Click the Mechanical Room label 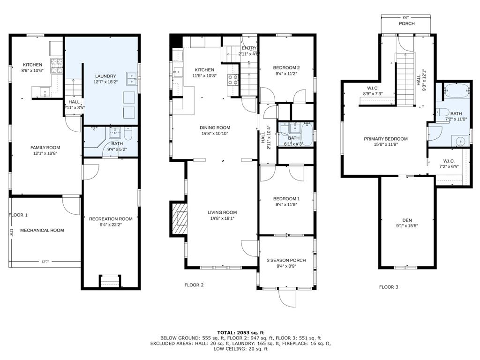click(x=42, y=230)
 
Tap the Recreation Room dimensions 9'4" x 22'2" click(x=111, y=225)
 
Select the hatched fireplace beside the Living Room click(x=179, y=218)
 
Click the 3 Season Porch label click(x=286, y=260)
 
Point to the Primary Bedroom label click(x=386, y=139)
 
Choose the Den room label click(x=407, y=220)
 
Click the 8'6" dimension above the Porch click(x=406, y=17)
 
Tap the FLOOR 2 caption click(x=194, y=285)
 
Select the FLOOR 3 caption click(x=389, y=287)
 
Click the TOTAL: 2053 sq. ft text click(x=240, y=332)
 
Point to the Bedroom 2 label click(x=286, y=67)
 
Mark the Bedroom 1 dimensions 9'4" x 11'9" click(x=286, y=204)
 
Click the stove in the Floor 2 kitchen click(x=232, y=80)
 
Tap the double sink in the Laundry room click(x=132, y=78)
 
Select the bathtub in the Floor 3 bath click(x=457, y=90)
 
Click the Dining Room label click(x=215, y=127)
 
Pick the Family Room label click(x=45, y=148)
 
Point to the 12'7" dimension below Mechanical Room click(x=45, y=262)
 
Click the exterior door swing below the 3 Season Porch click(x=288, y=298)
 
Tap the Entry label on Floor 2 click(x=249, y=48)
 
